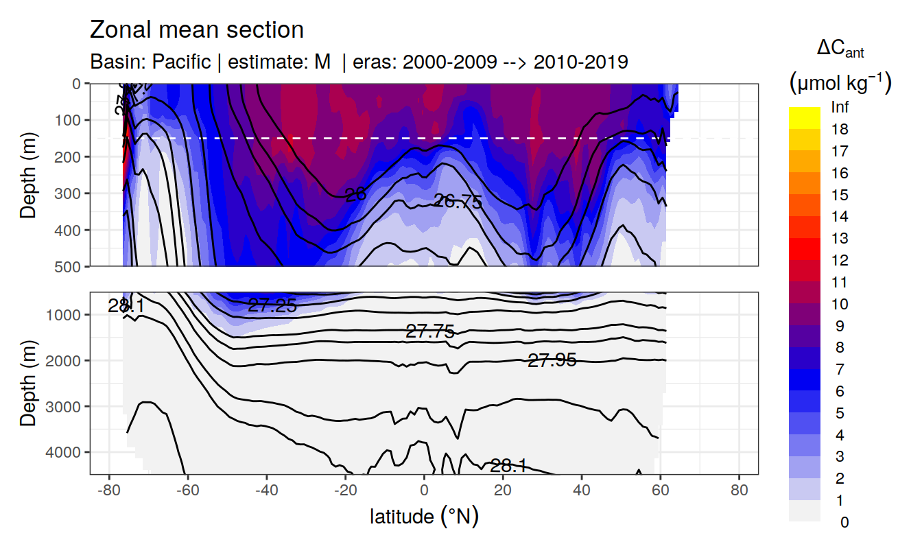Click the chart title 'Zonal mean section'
click(197, 30)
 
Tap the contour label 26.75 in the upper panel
click(458, 201)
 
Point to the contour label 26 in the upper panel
click(355, 194)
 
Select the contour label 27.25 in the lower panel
click(272, 306)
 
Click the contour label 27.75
click(430, 332)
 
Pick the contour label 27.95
click(552, 360)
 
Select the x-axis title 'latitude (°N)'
click(424, 516)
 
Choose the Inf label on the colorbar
click(840, 108)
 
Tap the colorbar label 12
click(840, 261)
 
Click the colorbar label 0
click(844, 523)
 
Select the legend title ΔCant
click(840, 49)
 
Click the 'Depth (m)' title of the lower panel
click(28, 383)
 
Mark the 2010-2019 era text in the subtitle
click(580, 62)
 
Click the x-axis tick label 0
click(425, 491)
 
